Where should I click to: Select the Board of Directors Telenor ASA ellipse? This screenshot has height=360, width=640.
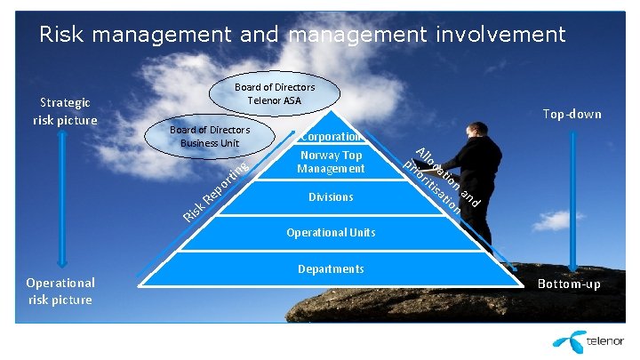tap(274, 94)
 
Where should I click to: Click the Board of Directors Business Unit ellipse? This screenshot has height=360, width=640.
tap(210, 136)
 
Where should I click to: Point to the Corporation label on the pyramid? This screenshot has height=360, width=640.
tap(330, 137)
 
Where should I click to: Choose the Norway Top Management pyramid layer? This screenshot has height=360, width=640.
tap(331, 162)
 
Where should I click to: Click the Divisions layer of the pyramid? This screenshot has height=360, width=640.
tap(331, 196)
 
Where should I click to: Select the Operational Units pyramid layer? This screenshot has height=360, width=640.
tap(331, 233)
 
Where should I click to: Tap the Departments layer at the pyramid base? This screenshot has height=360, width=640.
tap(331, 269)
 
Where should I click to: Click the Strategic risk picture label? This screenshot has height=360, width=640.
tap(65, 111)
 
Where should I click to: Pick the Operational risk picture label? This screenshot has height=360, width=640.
tap(60, 291)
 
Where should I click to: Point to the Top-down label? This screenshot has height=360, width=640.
tap(572, 114)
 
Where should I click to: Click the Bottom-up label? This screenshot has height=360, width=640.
tap(569, 284)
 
